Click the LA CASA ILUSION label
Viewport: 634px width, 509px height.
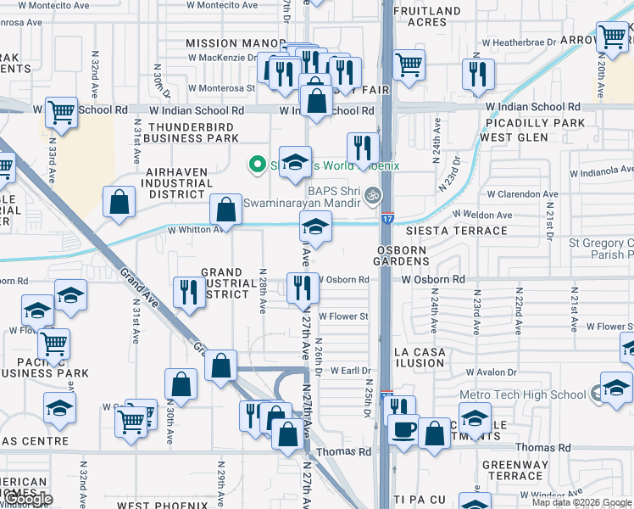[x=417, y=357]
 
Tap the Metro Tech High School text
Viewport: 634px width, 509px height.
[x=522, y=394]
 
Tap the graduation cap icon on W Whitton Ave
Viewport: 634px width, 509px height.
[x=314, y=227]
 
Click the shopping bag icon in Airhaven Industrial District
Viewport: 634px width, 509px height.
[x=120, y=201]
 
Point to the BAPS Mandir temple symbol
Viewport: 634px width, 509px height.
[x=370, y=198]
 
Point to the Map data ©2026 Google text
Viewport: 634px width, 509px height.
[x=581, y=503]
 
